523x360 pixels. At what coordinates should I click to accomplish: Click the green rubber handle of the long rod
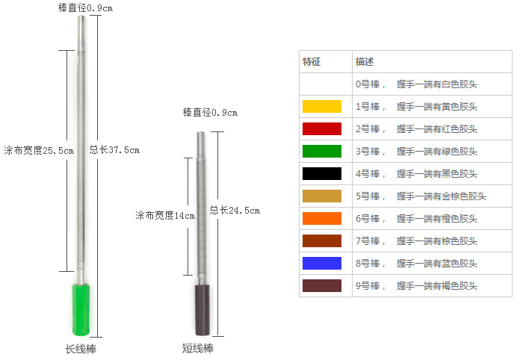(x=81, y=310)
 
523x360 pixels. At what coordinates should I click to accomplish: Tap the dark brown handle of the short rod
(x=202, y=310)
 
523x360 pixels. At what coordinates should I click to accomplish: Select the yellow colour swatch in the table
(x=322, y=106)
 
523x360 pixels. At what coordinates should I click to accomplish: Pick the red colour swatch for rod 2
(x=322, y=128)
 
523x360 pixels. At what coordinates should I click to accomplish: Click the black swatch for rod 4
(x=322, y=174)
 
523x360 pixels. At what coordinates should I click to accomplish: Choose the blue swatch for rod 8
(x=322, y=263)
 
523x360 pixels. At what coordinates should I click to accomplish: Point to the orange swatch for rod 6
(x=322, y=218)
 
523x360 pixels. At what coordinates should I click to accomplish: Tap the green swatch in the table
(x=322, y=151)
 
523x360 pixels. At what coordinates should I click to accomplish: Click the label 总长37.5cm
(x=114, y=149)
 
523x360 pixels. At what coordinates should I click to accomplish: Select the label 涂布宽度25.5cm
(x=39, y=150)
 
